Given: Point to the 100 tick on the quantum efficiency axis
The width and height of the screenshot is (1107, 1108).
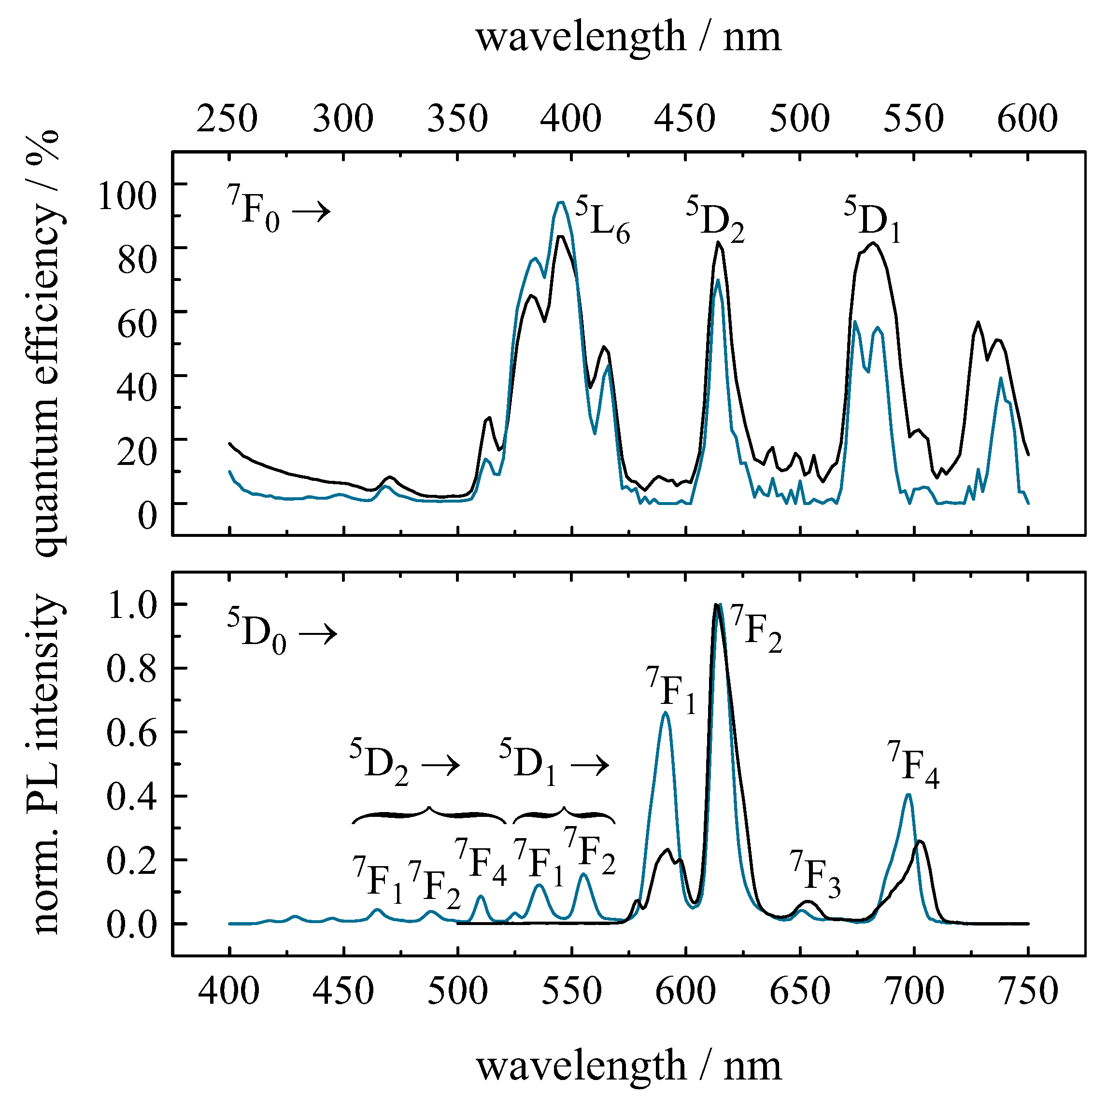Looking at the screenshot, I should pos(128,196).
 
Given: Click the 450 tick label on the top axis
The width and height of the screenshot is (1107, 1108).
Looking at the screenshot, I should pos(685,119).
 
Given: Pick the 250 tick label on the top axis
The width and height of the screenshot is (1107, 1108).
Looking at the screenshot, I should pos(227,119).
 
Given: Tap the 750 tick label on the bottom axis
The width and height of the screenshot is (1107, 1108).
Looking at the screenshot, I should pos(1028,991).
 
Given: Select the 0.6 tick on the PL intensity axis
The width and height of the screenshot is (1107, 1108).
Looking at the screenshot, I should pos(131,733).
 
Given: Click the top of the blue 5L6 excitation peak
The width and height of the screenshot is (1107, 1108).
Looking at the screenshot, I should pos(561,202).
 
